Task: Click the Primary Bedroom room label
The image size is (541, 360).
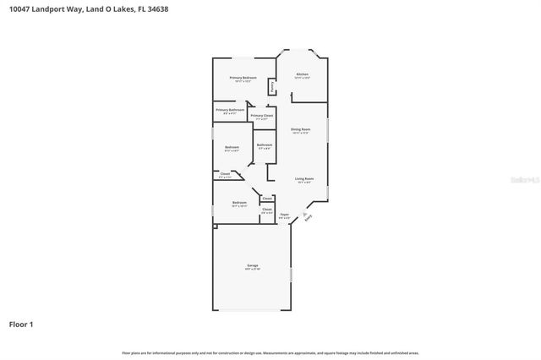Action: [243, 78]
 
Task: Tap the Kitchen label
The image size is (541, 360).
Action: [302, 74]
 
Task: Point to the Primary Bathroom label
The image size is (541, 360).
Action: [229, 110]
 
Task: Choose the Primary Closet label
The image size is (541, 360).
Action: [262, 115]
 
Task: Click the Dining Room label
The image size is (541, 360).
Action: [301, 129]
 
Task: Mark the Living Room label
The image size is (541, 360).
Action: [304, 178]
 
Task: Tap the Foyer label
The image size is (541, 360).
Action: [285, 215]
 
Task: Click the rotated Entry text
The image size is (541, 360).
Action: [308, 217]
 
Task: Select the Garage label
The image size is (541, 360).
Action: [253, 265]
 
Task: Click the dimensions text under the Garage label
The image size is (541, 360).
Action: [253, 270]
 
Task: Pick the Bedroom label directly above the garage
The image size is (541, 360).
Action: [240, 203]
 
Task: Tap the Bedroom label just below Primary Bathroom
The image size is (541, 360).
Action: [232, 148]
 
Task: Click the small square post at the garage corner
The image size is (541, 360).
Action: [215, 226]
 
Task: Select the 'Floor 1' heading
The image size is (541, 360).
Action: [22, 324]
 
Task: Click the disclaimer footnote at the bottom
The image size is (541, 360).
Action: [270, 352]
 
